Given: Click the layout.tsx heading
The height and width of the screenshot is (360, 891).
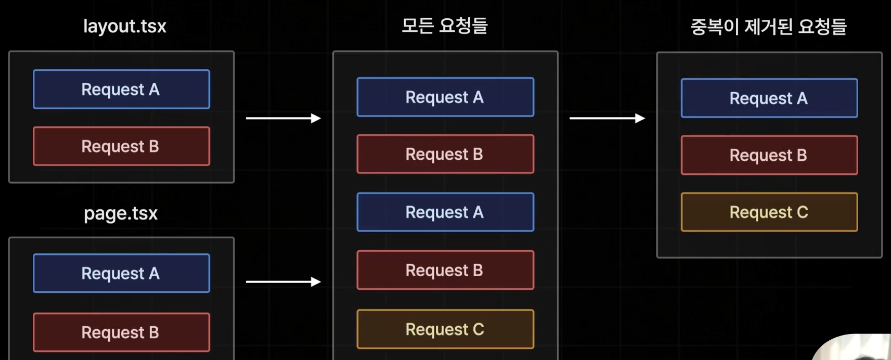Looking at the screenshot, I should point(124,26).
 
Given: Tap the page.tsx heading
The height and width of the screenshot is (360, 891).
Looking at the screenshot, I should point(121,213).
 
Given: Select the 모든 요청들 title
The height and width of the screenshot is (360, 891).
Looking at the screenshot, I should point(444,26).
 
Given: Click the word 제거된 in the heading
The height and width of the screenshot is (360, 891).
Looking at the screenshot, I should point(768,27).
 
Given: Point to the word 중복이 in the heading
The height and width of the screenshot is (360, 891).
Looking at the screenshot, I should point(715,27).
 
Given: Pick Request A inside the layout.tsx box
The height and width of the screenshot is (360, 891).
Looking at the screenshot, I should point(121,89).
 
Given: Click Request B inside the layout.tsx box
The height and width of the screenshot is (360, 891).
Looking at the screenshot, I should point(121,147).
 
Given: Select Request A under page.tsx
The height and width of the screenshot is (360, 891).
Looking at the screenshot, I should point(121,274).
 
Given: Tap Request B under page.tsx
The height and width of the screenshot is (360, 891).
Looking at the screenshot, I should point(121,332).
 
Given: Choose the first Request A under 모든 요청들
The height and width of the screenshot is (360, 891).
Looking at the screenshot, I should point(445,97).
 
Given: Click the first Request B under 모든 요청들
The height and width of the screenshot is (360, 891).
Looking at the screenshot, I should point(445,154).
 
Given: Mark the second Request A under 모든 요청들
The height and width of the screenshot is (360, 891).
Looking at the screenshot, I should point(445,212).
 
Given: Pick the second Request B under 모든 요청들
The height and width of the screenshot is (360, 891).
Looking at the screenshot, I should point(445,271).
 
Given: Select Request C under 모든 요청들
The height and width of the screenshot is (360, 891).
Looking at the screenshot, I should point(445,330).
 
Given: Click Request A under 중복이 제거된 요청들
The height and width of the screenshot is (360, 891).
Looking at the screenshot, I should point(769,98).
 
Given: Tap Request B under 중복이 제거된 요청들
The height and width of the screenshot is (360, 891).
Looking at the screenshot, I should point(769,155).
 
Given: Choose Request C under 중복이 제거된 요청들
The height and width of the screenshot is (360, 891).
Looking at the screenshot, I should point(769,212).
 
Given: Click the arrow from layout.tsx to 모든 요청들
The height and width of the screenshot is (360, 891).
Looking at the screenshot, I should point(283,118).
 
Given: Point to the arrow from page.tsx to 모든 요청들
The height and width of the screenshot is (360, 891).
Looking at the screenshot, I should point(283,282).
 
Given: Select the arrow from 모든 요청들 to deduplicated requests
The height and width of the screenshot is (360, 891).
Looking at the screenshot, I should point(607,118).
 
